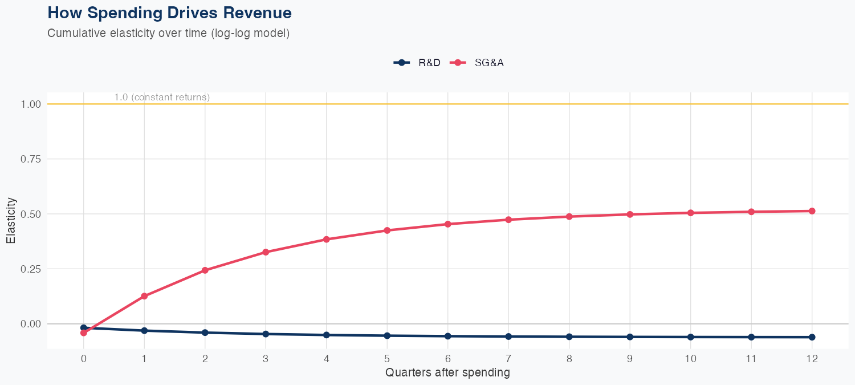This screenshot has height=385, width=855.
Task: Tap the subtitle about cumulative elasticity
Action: coord(169,33)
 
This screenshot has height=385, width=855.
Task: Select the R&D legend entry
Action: coord(418,63)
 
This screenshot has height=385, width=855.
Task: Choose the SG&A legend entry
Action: coord(478,63)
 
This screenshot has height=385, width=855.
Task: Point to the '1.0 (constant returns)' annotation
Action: coord(162,98)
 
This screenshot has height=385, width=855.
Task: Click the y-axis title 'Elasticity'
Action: coord(11,220)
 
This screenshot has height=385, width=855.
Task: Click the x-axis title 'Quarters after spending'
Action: coord(447,373)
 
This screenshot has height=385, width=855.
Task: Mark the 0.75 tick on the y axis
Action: coord(31,159)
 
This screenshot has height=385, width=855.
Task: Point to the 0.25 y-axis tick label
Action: coord(31,269)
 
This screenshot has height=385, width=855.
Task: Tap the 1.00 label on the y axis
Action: coord(31,104)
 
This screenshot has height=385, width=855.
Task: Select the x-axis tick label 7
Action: coord(508,359)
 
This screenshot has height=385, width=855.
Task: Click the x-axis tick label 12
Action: coord(812,359)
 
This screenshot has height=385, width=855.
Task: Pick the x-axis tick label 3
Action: coord(266,359)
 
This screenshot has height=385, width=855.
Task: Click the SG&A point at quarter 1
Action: coord(144,296)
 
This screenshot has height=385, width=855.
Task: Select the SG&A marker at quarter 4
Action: coord(327,239)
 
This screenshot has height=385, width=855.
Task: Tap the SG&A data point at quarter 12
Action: coord(812,211)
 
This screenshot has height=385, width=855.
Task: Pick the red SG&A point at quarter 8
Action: coord(569,217)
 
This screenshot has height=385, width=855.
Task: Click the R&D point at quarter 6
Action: coord(447,336)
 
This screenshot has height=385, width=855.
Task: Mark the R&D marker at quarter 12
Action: coord(812,337)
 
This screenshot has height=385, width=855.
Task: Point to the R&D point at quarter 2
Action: coord(205,333)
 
